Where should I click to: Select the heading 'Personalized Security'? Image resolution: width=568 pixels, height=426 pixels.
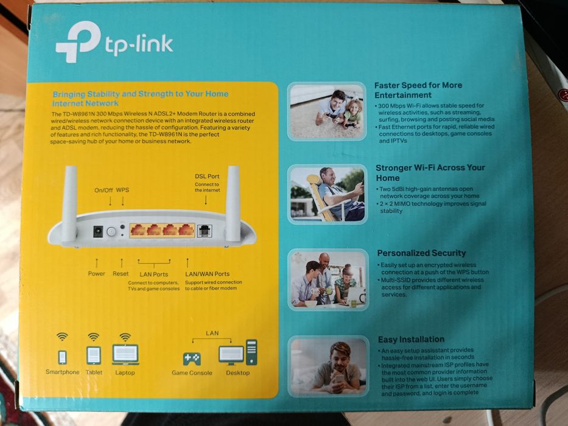coord(421,253)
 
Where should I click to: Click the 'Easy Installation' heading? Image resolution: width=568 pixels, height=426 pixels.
coord(411,339)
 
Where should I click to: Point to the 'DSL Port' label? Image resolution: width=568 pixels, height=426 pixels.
coord(207,176)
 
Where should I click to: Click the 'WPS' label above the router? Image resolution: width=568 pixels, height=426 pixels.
coord(122,190)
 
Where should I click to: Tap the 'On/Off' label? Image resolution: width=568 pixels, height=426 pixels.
coord(103,190)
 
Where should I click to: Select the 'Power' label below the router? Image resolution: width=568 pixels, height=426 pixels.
coord(96,274)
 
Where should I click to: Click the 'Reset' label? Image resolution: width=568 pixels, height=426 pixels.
coord(121,274)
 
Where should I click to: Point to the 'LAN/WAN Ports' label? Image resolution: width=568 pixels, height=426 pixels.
coord(207,274)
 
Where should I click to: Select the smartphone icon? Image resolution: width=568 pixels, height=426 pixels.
coord(62,357)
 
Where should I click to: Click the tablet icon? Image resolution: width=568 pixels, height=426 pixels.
coord(93,355)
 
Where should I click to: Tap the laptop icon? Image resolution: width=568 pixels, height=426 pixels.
coord(125,354)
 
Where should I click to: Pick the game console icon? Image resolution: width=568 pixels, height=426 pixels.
coord(192,358)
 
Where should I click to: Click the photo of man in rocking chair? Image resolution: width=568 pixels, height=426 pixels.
coord(327,194)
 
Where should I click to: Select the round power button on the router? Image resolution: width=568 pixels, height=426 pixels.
coord(111,231)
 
